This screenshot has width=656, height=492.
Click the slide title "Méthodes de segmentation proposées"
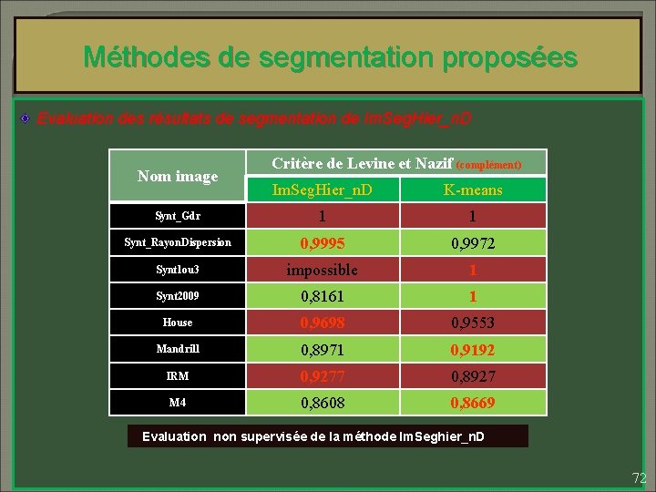330,57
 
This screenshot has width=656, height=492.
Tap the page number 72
638,477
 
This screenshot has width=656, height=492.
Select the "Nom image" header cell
178,176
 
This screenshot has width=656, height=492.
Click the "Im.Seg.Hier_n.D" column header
323,190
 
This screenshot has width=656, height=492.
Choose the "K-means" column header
473,190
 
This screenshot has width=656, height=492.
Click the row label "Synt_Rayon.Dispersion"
178,243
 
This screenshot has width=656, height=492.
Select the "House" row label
178,323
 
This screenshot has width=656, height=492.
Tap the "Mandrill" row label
178,349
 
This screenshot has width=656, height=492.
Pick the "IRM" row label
178,375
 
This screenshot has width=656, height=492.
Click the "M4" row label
178,402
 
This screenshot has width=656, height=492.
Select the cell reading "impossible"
323,270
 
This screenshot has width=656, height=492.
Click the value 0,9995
323,243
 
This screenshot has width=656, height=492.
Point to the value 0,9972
473,243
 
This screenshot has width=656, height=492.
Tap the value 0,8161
323,296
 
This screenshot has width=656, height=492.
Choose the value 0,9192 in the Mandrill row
473,349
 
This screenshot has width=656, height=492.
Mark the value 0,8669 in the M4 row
473,402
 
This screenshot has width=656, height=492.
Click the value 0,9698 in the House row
323,323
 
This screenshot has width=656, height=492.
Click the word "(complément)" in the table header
488,165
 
